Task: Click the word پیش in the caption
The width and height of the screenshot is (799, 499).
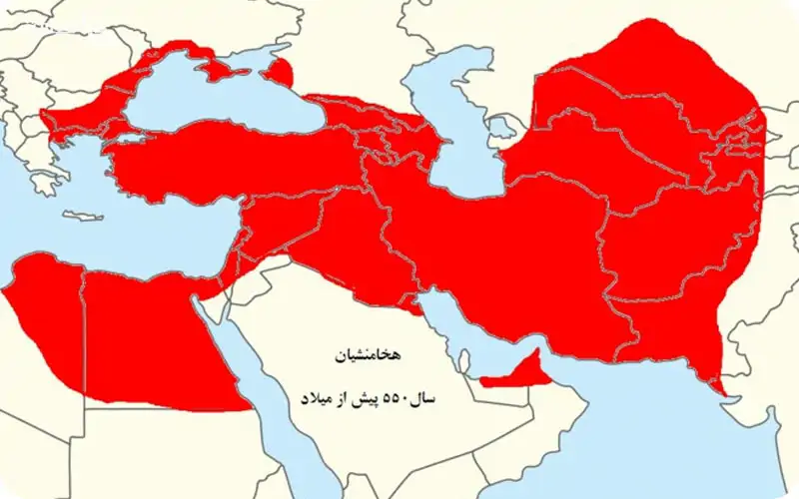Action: tap(364, 396)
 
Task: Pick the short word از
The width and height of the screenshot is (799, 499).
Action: tap(342, 396)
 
